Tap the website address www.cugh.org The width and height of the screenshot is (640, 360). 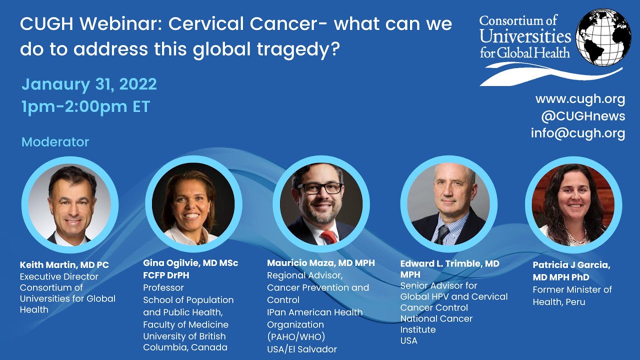[580, 99]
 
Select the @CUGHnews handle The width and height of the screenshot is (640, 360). [582, 116]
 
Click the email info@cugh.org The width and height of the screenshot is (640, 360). [577, 133]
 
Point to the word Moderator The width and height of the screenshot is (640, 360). [55, 142]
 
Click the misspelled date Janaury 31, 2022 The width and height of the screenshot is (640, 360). [89, 84]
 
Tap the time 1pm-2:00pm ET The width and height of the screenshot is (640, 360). [85, 106]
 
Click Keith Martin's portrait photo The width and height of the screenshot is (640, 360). [69, 204]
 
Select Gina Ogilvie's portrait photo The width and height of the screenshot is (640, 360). [193, 204]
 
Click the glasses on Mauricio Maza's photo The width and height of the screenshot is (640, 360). [320, 188]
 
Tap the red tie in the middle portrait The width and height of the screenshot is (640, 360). [329, 236]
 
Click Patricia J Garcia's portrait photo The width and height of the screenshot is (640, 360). [573, 204]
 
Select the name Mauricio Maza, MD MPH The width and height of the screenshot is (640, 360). [320, 263]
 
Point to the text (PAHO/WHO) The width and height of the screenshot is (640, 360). [295, 337]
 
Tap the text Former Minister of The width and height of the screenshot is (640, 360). [572, 289]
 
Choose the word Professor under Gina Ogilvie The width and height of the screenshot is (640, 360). [163, 288]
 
